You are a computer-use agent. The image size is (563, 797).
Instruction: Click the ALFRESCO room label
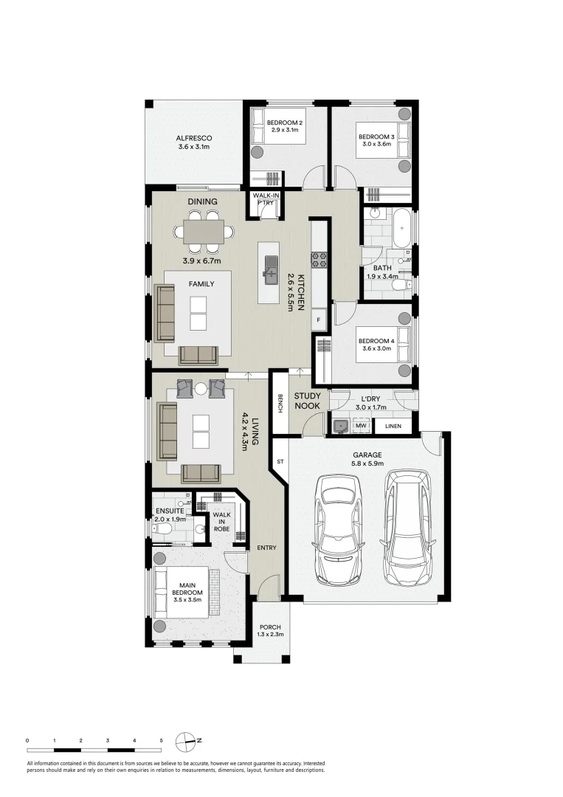pyautogui.click(x=194, y=142)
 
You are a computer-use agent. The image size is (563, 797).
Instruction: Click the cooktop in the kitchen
pyautogui.click(x=320, y=259)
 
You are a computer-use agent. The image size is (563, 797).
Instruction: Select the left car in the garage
pyautogui.click(x=339, y=528)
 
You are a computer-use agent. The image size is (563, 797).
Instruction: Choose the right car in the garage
pyautogui.click(x=407, y=527)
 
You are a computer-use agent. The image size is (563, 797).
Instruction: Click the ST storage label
pyautogui.click(x=280, y=462)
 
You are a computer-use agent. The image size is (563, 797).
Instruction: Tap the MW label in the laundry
pyautogui.click(x=361, y=426)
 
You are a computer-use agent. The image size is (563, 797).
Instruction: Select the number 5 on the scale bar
pyautogui.click(x=162, y=739)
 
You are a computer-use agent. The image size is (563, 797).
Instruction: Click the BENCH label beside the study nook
pyautogui.click(x=280, y=404)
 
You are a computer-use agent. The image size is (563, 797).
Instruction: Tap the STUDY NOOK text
pyautogui.click(x=308, y=401)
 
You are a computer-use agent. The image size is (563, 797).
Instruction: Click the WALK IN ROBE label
pyautogui.click(x=222, y=522)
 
